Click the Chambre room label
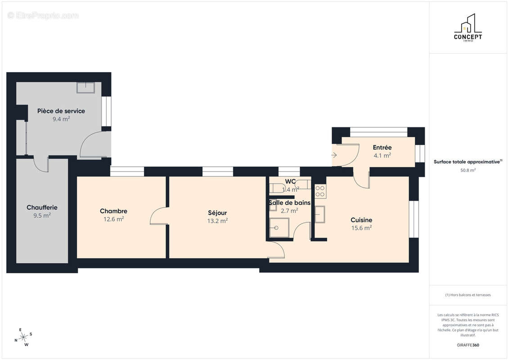coord(113,211)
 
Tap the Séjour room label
coord(217,212)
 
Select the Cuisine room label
coord(361,220)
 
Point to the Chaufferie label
coord(42,207)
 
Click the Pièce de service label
coord(61,111)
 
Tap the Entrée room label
coord(382,148)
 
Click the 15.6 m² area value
coord(361,228)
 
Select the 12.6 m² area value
coord(113,219)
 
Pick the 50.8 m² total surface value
coord(468,170)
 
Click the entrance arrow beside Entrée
coord(334,155)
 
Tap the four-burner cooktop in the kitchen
coord(320,191)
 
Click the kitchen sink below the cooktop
coord(320,214)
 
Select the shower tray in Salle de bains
coord(279,228)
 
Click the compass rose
coord(23,337)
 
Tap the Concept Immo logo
coord(468,27)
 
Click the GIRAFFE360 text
coord(468,345)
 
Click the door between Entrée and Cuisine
coord(361,178)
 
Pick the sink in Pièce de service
coord(86,88)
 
